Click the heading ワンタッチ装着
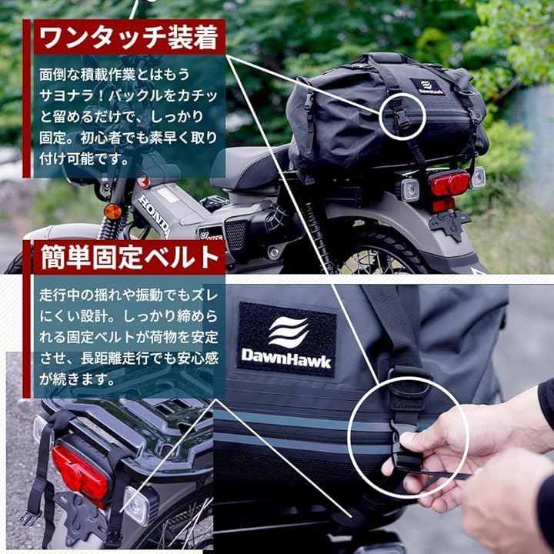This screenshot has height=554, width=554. coord(129,38)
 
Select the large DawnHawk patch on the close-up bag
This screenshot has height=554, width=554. coord(286,339)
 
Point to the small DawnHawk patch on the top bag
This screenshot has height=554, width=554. coord(426,86)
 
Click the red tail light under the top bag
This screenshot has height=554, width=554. coord(449,184)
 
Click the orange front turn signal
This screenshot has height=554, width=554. coord(113,212)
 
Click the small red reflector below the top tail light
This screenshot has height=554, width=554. coord(443,205)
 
